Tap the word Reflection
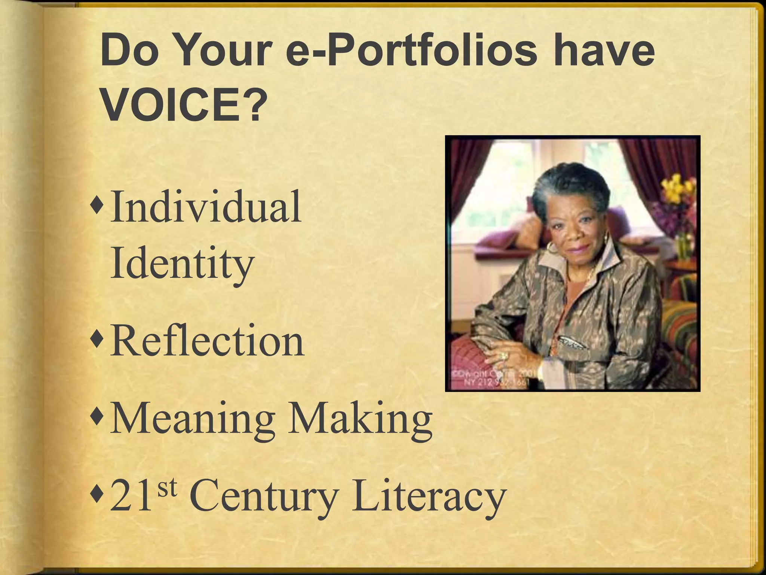click(x=207, y=341)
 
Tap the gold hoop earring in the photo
click(x=551, y=247)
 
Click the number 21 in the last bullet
click(x=131, y=497)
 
